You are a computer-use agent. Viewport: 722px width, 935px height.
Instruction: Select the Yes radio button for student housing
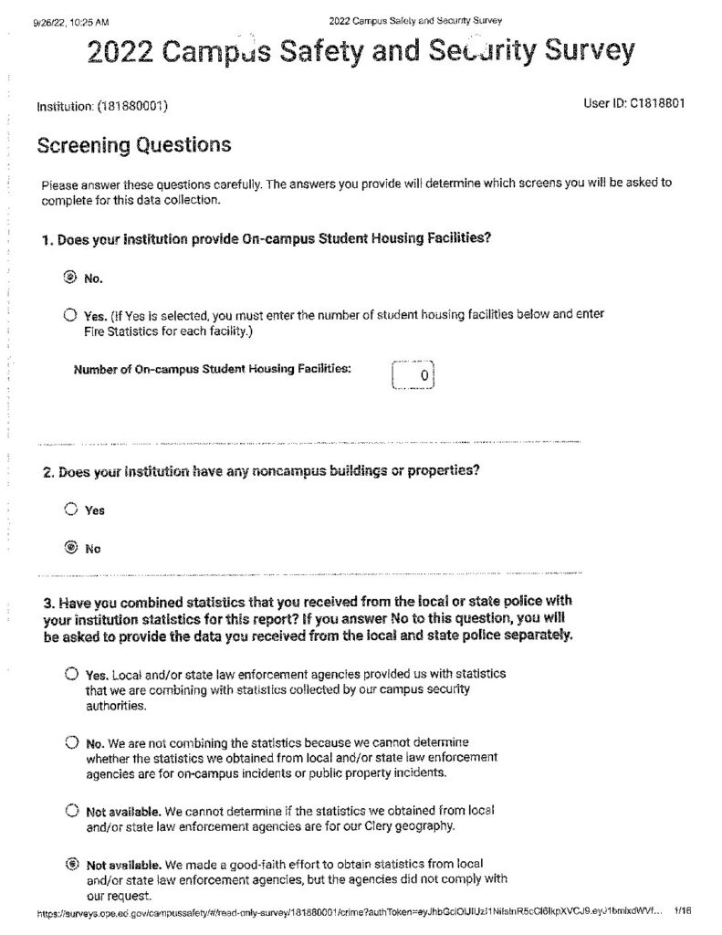[70, 315]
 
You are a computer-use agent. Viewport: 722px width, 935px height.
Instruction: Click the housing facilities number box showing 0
[413, 375]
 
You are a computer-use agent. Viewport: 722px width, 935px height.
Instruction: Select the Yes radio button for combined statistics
[71, 674]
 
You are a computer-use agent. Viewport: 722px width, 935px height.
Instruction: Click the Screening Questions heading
[133, 145]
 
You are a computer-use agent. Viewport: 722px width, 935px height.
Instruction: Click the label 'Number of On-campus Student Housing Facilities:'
[212, 369]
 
